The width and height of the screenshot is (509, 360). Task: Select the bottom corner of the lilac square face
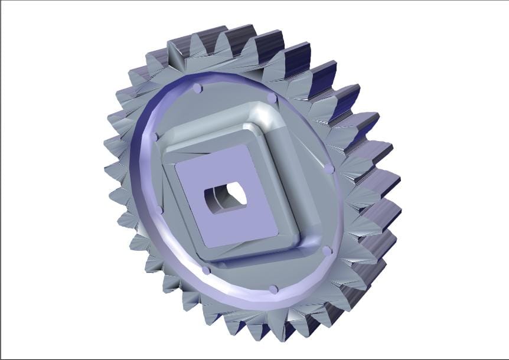(x=206, y=247)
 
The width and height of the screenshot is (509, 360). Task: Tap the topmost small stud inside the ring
(x=197, y=89)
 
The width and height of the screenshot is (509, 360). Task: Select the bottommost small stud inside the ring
(x=273, y=289)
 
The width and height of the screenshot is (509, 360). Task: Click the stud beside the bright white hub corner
(x=272, y=97)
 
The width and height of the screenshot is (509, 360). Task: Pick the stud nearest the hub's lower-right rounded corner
(x=327, y=251)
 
